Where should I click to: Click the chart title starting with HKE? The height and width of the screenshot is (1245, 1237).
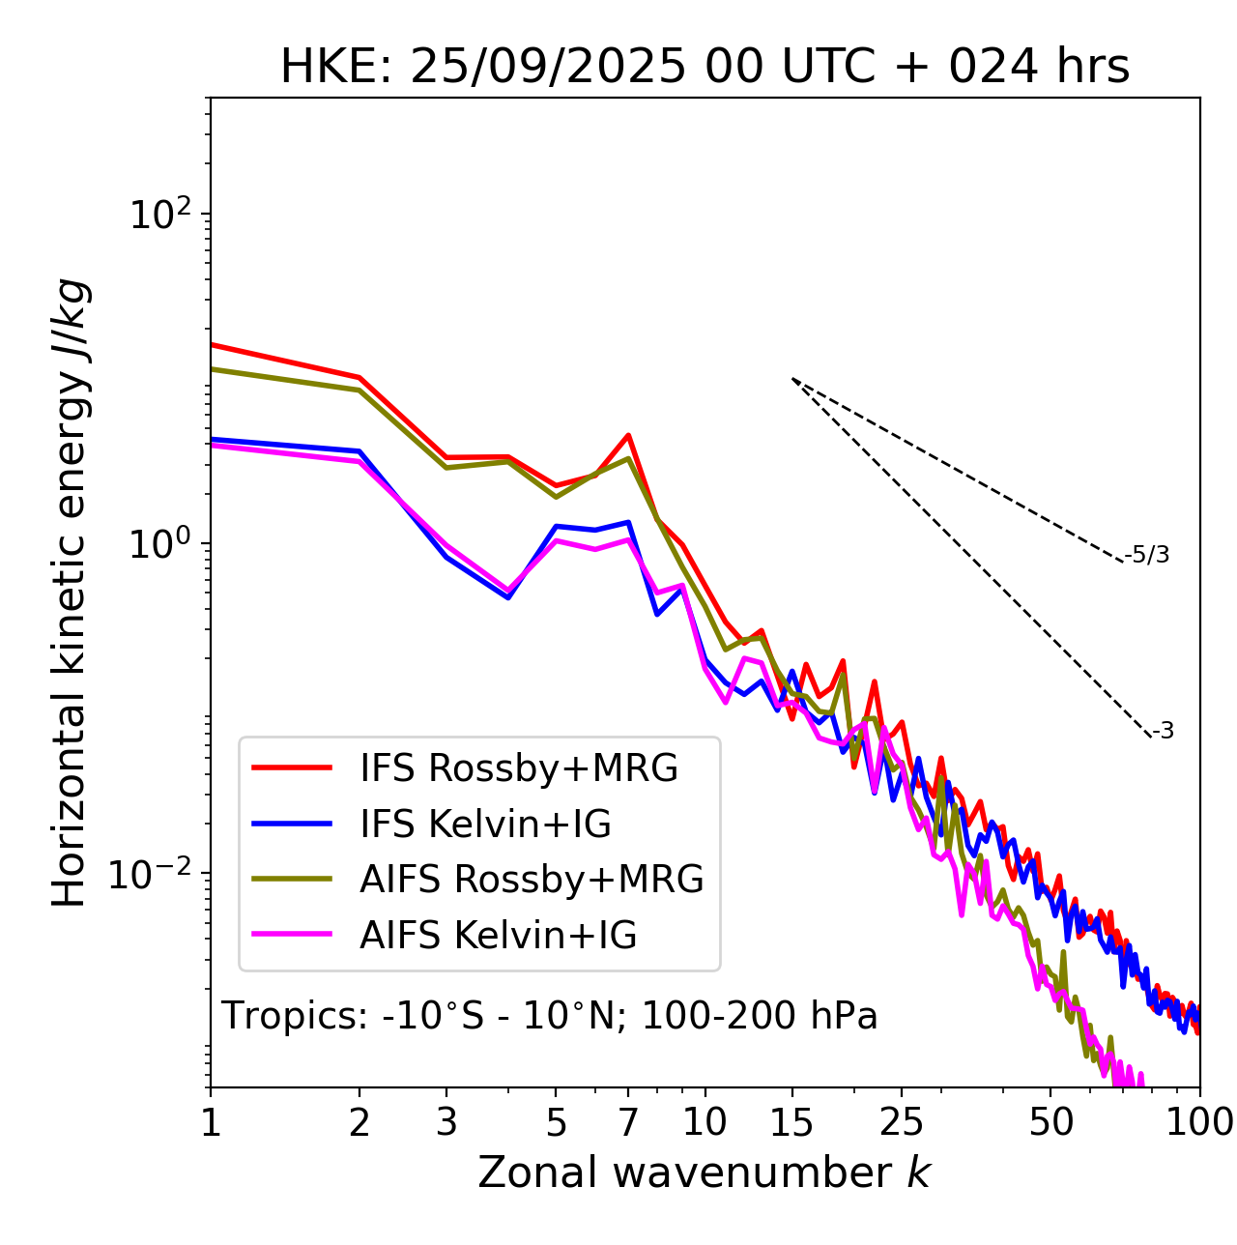pos(705,67)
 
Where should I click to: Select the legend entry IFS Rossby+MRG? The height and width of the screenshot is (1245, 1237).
pos(519,768)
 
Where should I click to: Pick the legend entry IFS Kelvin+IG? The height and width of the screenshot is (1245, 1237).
pos(485,825)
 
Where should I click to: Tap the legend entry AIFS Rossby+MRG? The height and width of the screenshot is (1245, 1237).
pos(532,880)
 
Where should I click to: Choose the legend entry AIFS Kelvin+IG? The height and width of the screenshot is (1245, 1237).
pos(498,936)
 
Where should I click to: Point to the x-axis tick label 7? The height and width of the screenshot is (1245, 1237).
pos(628,1122)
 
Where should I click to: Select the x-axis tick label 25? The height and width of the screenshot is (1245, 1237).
pos(902,1122)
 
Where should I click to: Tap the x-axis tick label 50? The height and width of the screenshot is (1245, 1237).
pos(1050,1122)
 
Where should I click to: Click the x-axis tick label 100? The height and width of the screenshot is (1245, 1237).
pos(1198,1122)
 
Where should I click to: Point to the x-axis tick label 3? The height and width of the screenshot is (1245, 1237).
pos(446,1122)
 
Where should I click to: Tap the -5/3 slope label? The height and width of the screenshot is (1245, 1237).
pos(1147,555)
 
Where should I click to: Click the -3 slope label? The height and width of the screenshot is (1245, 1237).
pos(1163,732)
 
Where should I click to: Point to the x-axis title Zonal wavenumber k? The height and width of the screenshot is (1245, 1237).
pos(704,1173)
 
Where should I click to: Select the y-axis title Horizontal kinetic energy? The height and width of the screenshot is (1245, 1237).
pos(70,593)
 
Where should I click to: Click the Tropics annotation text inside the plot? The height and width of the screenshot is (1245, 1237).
pos(549,1016)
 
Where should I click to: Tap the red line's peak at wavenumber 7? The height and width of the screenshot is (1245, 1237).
pos(628,435)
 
